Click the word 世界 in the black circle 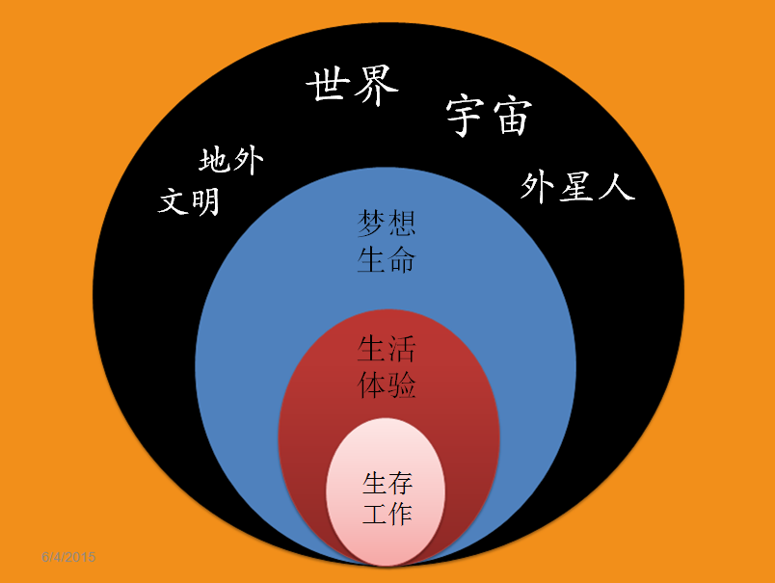point(352,87)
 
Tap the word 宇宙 point(489,117)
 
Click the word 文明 point(189,200)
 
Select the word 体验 point(387,385)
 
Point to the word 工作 point(387,514)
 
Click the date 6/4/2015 point(68,558)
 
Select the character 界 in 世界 point(375,87)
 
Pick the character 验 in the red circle point(403,385)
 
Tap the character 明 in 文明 point(204,201)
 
